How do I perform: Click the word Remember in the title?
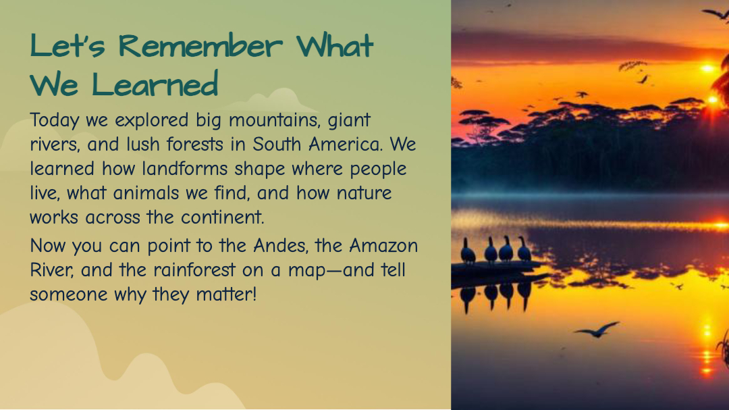pos(200,46)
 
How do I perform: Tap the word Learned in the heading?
pos(155,84)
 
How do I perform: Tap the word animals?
pos(146,193)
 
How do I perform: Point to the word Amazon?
pos(383,245)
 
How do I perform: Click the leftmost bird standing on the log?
pos(468,251)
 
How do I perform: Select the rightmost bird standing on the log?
pos(524,249)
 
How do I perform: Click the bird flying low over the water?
pos(597,329)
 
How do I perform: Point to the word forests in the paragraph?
pos(195,145)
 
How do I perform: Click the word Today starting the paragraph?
pos(55,120)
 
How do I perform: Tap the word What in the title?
pos(335,46)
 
